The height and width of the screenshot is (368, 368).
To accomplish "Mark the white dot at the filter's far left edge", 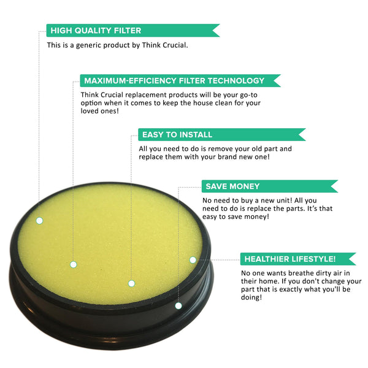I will (x=39, y=220).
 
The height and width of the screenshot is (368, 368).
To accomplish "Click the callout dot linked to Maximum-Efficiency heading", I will (x=73, y=264).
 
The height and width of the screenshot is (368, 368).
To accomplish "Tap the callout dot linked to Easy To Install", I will (x=131, y=283).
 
